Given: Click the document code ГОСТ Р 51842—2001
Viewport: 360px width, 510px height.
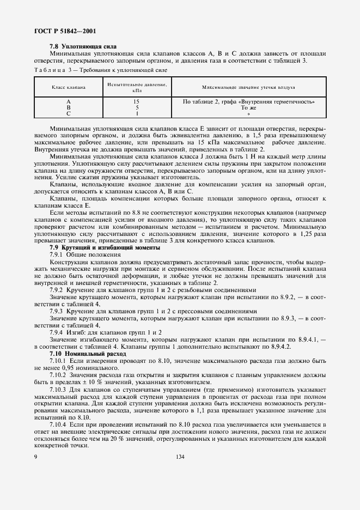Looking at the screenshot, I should (x=62, y=32).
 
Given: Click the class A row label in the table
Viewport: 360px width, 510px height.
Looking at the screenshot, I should (x=69, y=102).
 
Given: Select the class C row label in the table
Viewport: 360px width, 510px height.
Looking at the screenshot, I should (x=69, y=114).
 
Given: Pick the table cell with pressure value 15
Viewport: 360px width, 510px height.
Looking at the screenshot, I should (x=137, y=102).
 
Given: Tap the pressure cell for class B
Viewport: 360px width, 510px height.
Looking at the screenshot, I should (x=137, y=108).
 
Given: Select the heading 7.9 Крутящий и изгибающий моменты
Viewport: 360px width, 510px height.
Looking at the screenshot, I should (x=105, y=248).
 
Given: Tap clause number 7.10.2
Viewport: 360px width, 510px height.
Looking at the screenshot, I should (x=59, y=375).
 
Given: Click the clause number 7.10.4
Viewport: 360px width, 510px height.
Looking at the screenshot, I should (x=59, y=424).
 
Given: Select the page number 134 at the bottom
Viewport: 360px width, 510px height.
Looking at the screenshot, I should (x=180, y=457).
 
